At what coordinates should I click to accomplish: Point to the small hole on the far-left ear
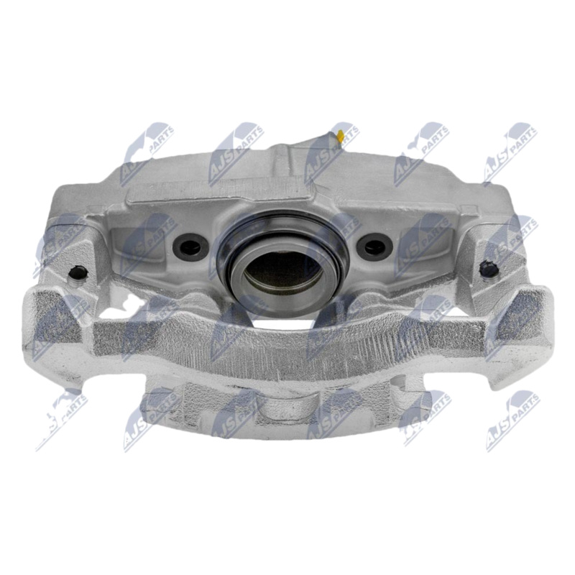click(x=78, y=272)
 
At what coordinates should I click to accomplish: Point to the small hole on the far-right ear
click(x=489, y=269)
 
